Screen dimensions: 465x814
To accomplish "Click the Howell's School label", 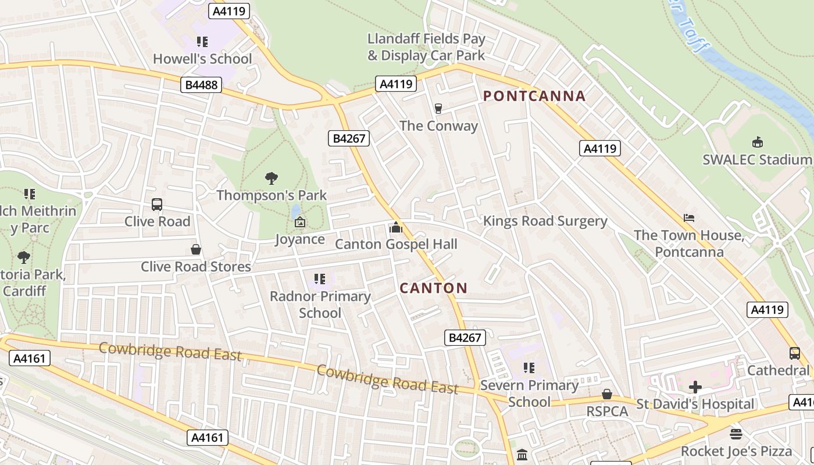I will pyautogui.click(x=202, y=59).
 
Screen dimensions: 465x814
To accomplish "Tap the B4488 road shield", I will pyautogui.click(x=201, y=85).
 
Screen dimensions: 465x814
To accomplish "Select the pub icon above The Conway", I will pyautogui.click(x=438, y=109).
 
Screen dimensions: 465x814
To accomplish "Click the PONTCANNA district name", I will pyautogui.click(x=534, y=96).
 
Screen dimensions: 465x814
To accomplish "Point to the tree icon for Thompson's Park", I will pyautogui.click(x=271, y=178).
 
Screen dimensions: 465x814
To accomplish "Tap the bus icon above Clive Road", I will pyautogui.click(x=157, y=205).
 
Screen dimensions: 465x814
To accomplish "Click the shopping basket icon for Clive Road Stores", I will pyautogui.click(x=196, y=249).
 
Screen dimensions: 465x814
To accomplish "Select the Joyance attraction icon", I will pyautogui.click(x=300, y=222).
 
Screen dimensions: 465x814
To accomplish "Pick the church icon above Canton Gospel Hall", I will pyautogui.click(x=396, y=227).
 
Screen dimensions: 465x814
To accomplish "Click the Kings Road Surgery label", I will pyautogui.click(x=545, y=221).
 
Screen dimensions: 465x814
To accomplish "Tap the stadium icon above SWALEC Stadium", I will pyautogui.click(x=757, y=142).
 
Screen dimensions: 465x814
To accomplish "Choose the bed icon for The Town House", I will pyautogui.click(x=689, y=219).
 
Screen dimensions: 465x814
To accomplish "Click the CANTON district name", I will pyautogui.click(x=434, y=288).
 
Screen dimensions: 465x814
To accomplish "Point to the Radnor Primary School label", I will pyautogui.click(x=320, y=305).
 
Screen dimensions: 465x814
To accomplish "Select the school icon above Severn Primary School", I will pyautogui.click(x=529, y=368).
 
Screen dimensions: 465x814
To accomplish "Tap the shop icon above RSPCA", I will pyautogui.click(x=607, y=395).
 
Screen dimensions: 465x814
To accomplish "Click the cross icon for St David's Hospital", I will pyautogui.click(x=695, y=387).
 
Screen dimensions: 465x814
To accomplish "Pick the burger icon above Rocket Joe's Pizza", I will pyautogui.click(x=736, y=434).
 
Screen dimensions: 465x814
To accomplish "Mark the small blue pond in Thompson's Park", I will pyautogui.click(x=296, y=210).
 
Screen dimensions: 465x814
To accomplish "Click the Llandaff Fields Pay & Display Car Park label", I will pyautogui.click(x=426, y=47).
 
